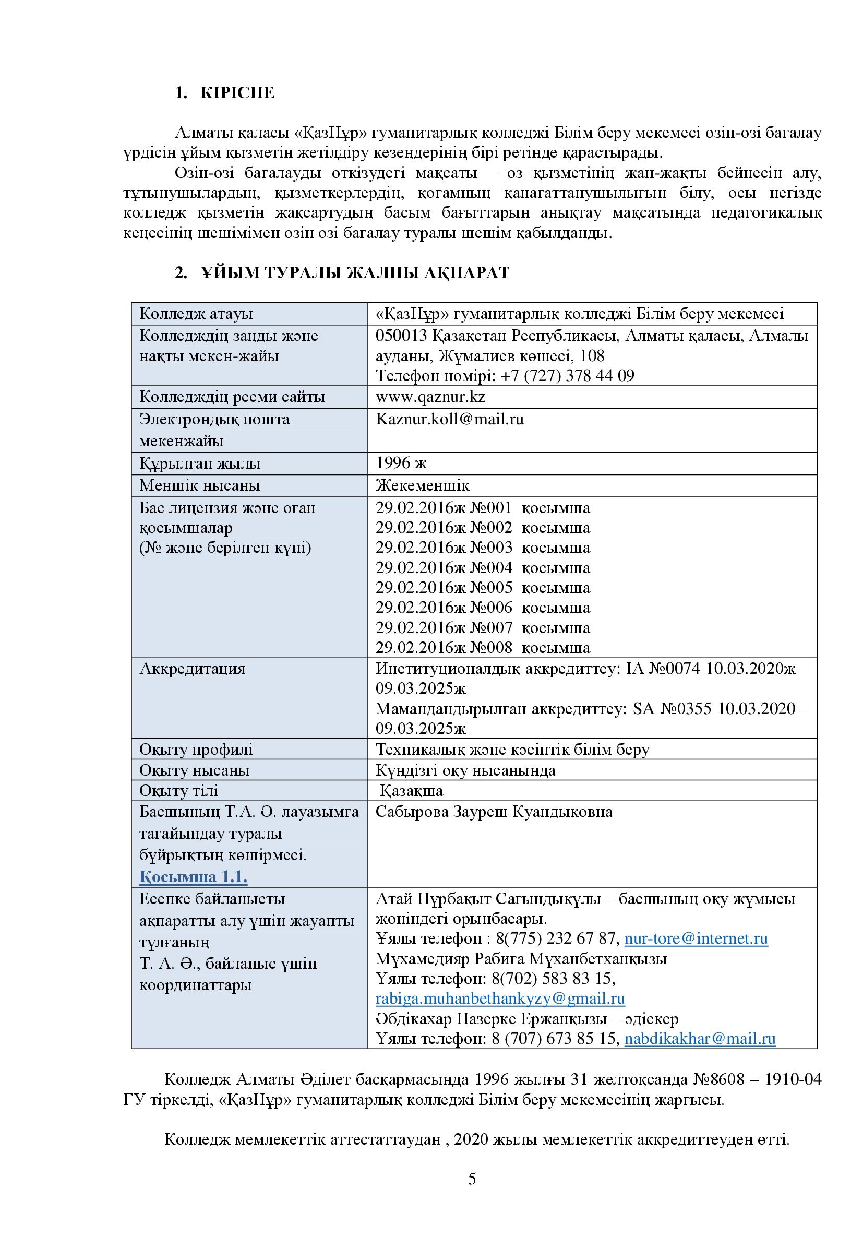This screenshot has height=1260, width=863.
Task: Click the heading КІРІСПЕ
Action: (237, 93)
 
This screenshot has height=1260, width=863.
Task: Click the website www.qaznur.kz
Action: (430, 397)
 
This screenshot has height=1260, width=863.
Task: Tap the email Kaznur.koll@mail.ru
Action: (449, 419)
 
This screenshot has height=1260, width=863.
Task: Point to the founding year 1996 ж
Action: (401, 463)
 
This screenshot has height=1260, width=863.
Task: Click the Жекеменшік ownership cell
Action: (422, 485)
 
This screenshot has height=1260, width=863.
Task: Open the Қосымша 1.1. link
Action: (194, 877)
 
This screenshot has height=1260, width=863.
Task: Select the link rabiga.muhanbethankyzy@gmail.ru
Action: (500, 998)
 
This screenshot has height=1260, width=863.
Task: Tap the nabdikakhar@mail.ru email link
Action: (700, 1038)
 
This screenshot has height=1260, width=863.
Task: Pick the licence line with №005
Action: (483, 588)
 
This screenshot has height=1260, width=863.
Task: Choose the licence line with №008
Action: (483, 647)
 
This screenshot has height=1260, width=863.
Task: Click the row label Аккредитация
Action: (193, 669)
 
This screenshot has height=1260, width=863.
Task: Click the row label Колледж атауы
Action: (196, 314)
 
